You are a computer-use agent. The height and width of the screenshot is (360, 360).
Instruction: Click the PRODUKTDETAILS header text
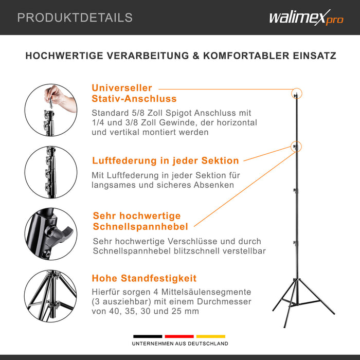(75, 17)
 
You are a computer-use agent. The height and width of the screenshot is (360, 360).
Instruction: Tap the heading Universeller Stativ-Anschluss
(134, 93)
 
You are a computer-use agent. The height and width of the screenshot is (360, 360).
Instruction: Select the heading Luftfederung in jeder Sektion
(165, 160)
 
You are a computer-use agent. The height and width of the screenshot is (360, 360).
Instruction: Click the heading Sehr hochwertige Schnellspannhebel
(140, 221)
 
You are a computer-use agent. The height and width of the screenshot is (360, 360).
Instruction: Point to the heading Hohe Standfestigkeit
(144, 278)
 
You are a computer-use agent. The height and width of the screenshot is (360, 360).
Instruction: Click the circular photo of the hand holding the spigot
(51, 110)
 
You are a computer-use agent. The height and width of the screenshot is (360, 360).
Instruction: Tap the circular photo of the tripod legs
(51, 296)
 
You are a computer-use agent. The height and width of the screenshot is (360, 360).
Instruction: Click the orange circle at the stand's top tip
(296, 94)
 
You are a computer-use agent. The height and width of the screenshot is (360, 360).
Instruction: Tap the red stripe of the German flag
(179, 336)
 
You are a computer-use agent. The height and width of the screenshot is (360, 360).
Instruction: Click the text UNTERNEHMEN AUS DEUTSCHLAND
(180, 344)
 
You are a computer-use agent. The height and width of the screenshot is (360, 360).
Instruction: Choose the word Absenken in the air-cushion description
(211, 185)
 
